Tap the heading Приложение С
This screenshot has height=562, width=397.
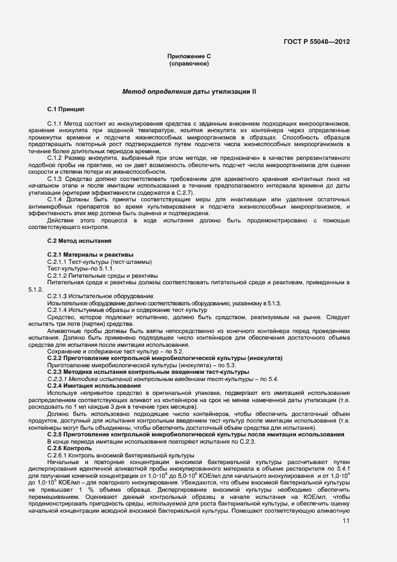189,56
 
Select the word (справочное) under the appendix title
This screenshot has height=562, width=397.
189,63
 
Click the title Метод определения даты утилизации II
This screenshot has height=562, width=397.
189,92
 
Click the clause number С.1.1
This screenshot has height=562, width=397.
55,123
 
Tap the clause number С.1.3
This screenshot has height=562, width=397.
55,179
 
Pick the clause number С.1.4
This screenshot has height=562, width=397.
55,200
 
